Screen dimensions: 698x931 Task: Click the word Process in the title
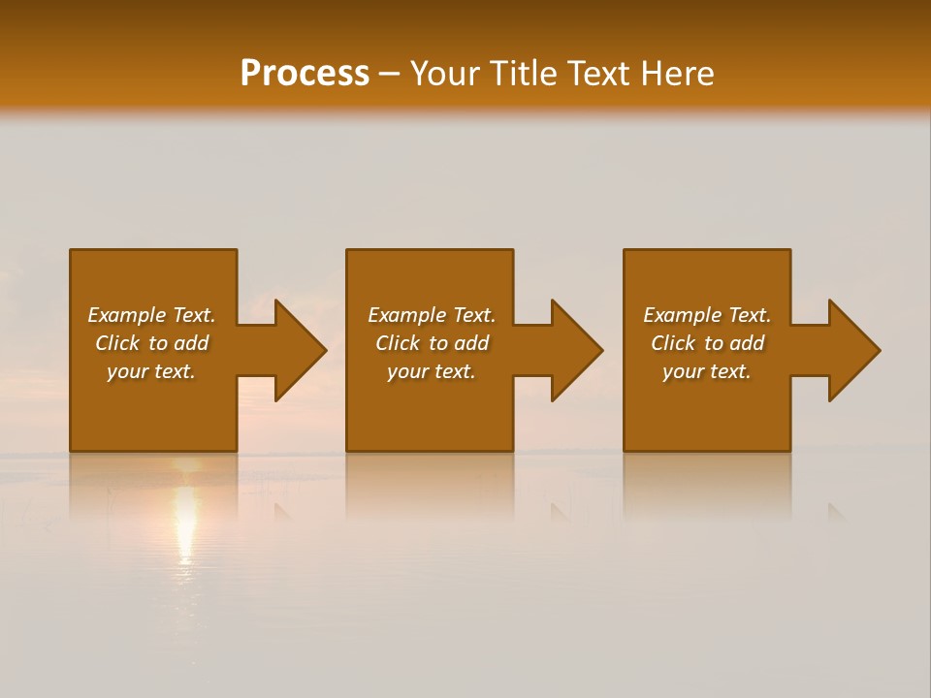click(x=305, y=74)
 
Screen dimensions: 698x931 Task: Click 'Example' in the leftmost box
click(x=126, y=315)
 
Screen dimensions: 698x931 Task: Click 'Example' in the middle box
click(x=406, y=315)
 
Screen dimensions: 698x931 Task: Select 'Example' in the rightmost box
click(x=682, y=315)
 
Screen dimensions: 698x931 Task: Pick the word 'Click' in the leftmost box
click(x=116, y=343)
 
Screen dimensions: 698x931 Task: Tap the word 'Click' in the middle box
click(x=397, y=343)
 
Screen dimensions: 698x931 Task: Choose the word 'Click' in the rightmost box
click(x=672, y=343)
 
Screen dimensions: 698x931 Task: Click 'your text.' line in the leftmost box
click(x=151, y=371)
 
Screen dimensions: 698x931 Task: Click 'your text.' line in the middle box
click(x=432, y=371)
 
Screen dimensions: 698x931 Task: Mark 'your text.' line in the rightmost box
click(x=707, y=371)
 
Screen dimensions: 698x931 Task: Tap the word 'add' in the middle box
click(x=471, y=343)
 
